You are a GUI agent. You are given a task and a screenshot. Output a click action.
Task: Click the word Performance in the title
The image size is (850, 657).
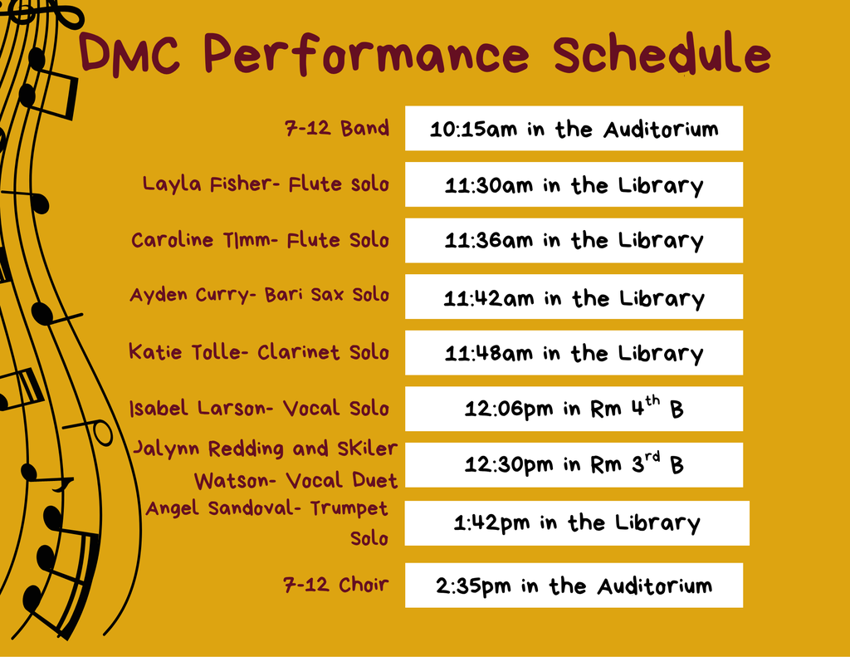point(365,55)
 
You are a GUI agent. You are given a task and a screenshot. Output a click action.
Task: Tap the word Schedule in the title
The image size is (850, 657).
point(662,55)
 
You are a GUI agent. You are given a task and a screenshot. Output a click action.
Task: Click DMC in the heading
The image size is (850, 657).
point(133,55)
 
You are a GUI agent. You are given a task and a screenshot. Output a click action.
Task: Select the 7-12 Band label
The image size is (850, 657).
point(336,129)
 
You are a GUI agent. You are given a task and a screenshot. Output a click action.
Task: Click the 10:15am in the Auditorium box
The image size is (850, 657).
point(574,129)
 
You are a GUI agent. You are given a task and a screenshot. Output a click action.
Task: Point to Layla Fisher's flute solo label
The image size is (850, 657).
point(266,184)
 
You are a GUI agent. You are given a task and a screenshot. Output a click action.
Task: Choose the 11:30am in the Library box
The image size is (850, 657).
point(574,184)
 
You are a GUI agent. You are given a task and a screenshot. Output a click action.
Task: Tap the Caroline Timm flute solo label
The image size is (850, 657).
point(260,240)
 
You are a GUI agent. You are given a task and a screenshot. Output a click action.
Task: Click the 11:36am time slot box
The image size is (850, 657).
point(574,241)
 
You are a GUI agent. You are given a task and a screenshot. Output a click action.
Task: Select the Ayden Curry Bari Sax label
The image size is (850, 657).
point(259,295)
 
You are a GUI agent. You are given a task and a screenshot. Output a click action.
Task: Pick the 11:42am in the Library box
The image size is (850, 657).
point(574,297)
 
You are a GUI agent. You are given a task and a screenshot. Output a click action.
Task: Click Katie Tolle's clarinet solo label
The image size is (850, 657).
point(258,352)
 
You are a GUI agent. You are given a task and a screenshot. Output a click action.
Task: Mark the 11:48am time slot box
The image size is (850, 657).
point(574,353)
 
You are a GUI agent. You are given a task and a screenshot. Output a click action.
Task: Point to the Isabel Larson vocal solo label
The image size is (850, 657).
point(259,409)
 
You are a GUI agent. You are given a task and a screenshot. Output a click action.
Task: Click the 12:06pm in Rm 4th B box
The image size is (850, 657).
point(574,409)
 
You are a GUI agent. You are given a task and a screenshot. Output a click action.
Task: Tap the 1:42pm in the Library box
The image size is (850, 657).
point(576,523)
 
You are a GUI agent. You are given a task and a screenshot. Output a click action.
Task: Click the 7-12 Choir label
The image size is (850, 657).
point(336,585)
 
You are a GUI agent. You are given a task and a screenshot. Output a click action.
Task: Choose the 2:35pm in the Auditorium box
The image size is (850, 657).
point(574,586)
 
